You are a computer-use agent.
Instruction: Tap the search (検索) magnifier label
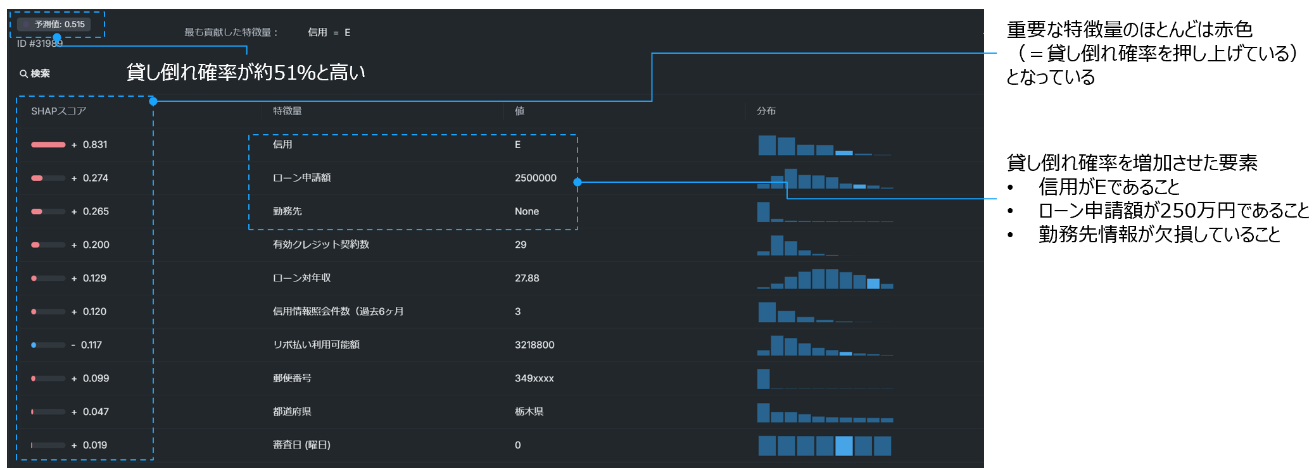pos(35,73)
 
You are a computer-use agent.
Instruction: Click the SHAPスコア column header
pos(58,111)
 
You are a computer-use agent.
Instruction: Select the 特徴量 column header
pos(287,111)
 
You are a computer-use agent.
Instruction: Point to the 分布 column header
pos(766,111)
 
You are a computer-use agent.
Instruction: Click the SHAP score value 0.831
pos(94,145)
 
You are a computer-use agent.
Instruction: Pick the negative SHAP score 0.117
pos(91,345)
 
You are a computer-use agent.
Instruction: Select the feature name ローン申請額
pos(301,178)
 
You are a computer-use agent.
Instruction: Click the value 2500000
pos(535,178)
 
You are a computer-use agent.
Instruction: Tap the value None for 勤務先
pos(526,211)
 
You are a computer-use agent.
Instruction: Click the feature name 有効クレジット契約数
pos(320,245)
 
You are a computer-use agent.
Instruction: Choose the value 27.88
pos(527,278)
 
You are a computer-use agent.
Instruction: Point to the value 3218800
pos(534,345)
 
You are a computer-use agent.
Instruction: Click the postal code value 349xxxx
pos(534,378)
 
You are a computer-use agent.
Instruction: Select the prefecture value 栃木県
pos(529,412)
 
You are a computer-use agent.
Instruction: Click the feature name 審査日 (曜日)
pos(301,445)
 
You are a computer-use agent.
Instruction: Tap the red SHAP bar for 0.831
pos(48,145)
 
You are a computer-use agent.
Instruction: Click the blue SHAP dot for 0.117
pos(34,345)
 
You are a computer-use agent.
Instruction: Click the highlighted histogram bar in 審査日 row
pos(843,446)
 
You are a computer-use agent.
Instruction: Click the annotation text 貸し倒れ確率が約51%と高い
pos(246,73)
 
